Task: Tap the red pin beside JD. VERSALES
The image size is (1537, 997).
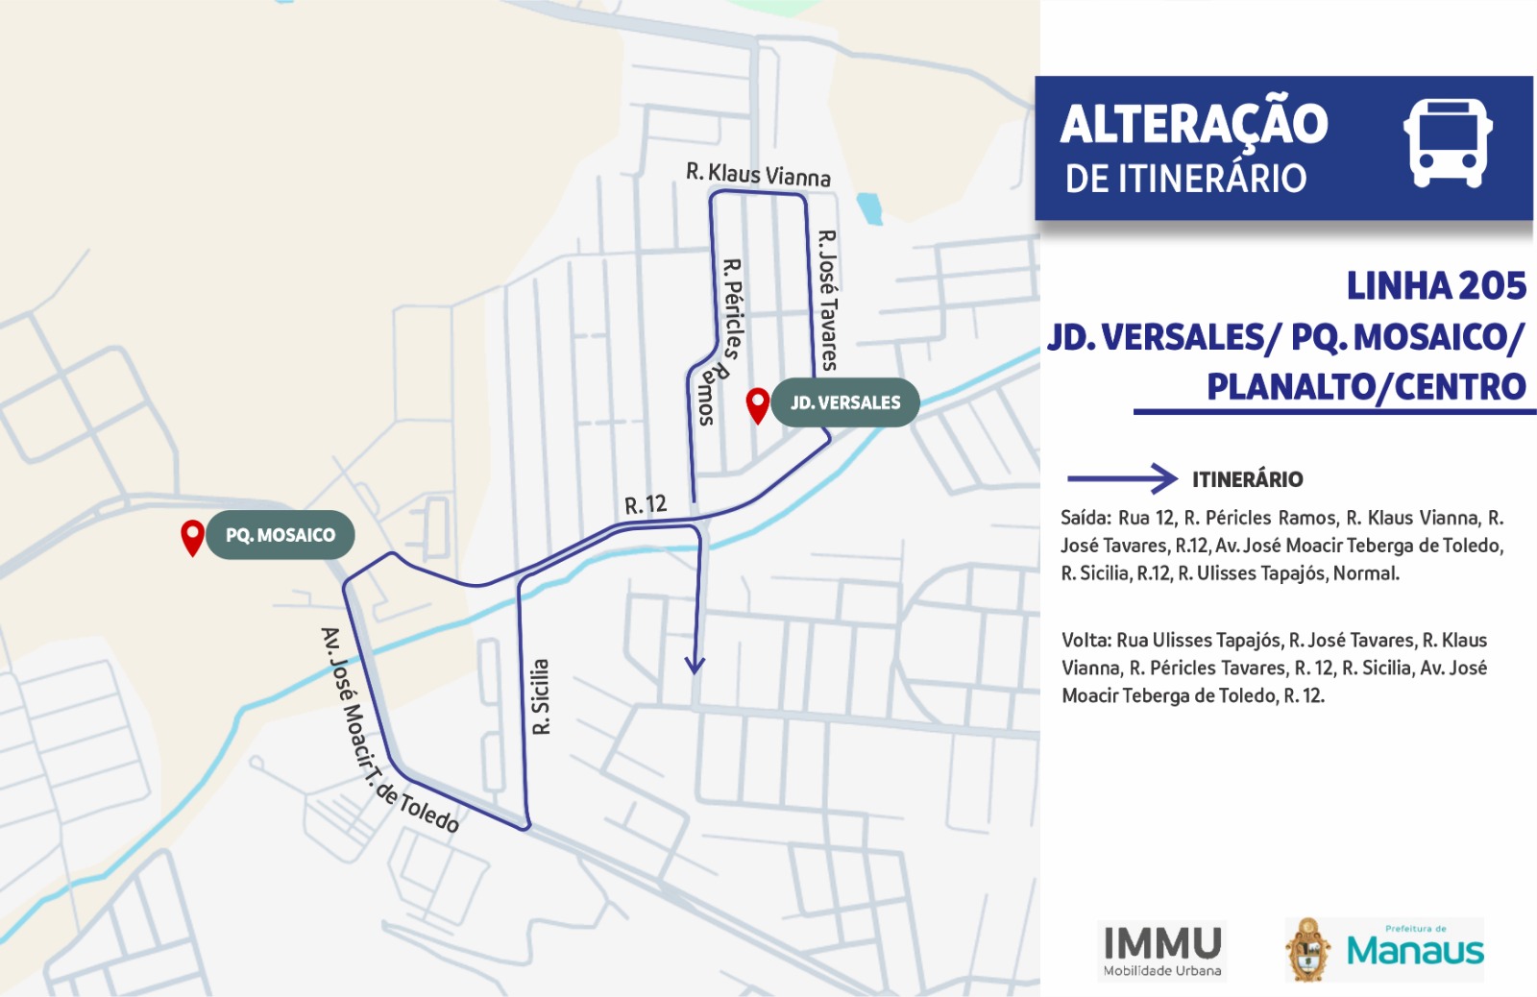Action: (758, 404)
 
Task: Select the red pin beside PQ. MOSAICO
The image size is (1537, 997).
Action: (192, 537)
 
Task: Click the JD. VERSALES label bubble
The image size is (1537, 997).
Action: (845, 402)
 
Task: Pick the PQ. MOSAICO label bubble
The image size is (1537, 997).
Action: (280, 535)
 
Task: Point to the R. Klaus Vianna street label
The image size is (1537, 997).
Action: (758, 174)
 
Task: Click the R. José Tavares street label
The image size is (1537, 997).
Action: (827, 300)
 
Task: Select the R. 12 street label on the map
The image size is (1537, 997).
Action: (645, 505)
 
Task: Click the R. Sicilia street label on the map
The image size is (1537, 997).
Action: (541, 697)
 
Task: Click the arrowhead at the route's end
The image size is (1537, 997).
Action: (695, 665)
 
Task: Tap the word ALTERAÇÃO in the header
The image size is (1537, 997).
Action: (1194, 124)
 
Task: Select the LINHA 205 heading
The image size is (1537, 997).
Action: (1435, 286)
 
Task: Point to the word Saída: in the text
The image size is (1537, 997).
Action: (1086, 519)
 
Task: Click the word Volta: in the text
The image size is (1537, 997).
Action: (1086, 641)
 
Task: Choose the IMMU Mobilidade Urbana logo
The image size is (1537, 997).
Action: (1162, 950)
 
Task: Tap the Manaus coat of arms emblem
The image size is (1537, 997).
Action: (1307, 950)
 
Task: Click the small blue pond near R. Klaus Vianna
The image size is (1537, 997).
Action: (869, 207)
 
